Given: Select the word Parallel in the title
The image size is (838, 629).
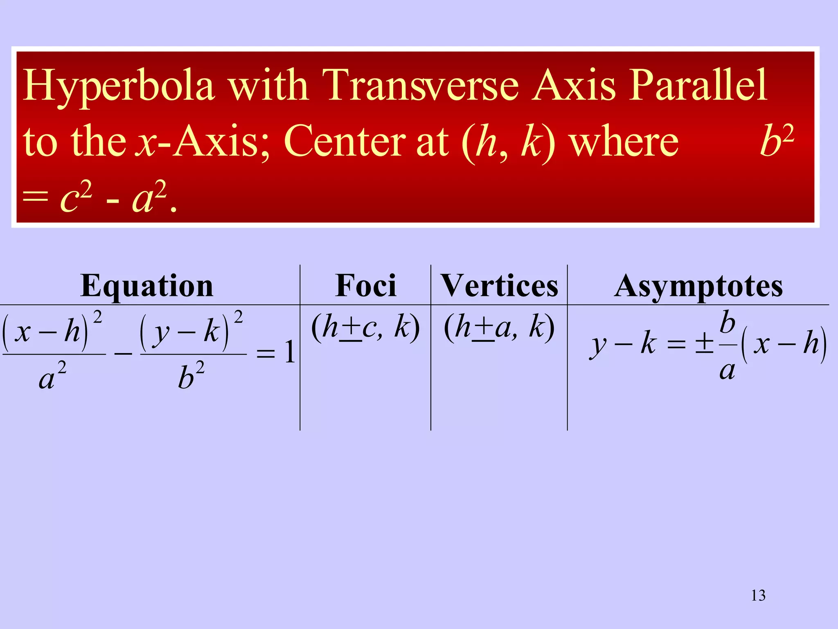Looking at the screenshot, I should point(698,85).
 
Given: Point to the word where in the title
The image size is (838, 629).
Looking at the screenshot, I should point(624,141).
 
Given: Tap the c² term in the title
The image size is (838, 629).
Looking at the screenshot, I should point(76,198).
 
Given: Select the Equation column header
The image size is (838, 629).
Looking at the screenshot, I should point(147,285).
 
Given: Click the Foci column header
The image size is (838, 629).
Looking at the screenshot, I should point(366,285).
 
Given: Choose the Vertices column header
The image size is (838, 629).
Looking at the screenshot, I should point(499,285).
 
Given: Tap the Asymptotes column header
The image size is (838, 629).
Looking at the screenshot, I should point(698,286).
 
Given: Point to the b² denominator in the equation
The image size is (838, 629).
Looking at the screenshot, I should point(191,376).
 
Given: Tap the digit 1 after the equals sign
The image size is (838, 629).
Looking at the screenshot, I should point(290,352).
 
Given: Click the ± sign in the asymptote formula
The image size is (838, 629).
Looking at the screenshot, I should point(705,343).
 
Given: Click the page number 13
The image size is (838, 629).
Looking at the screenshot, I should point(758,595).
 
